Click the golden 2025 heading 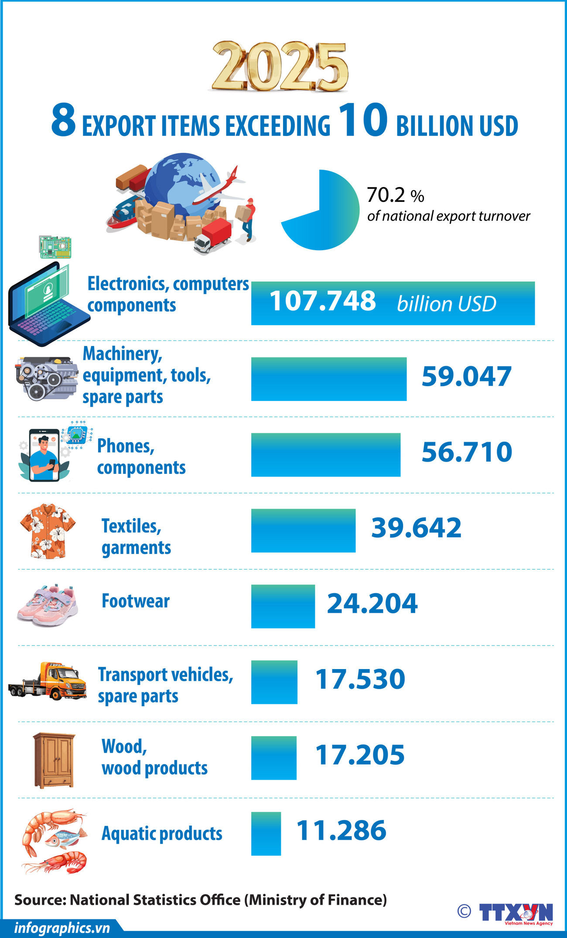click(280, 66)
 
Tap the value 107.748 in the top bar click(322, 301)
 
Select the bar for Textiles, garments click(303, 530)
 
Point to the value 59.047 click(466, 377)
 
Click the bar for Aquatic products click(266, 833)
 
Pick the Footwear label click(135, 601)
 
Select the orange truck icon click(48, 682)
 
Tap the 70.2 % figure click(395, 195)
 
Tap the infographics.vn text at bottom click(62, 928)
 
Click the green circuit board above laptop click(55, 247)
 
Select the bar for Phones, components click(325, 455)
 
